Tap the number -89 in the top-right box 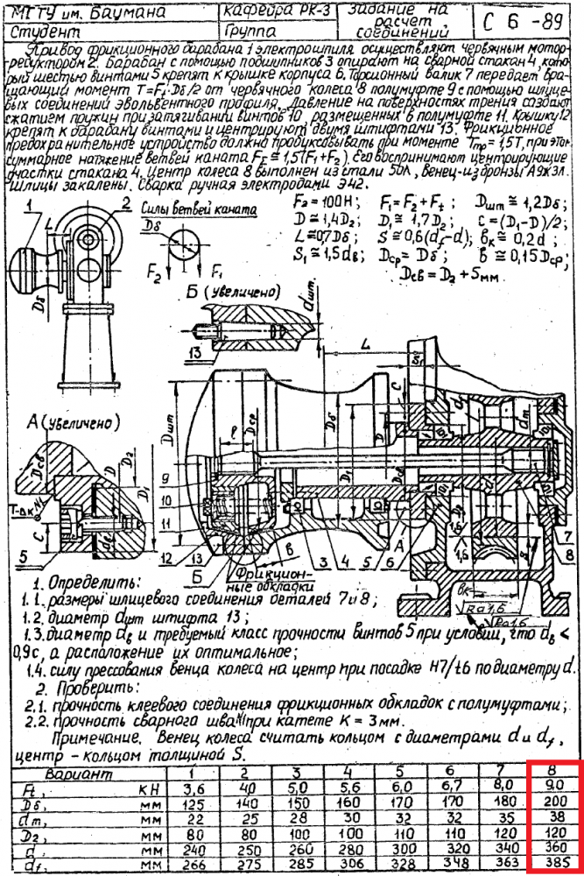(x=548, y=21)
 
